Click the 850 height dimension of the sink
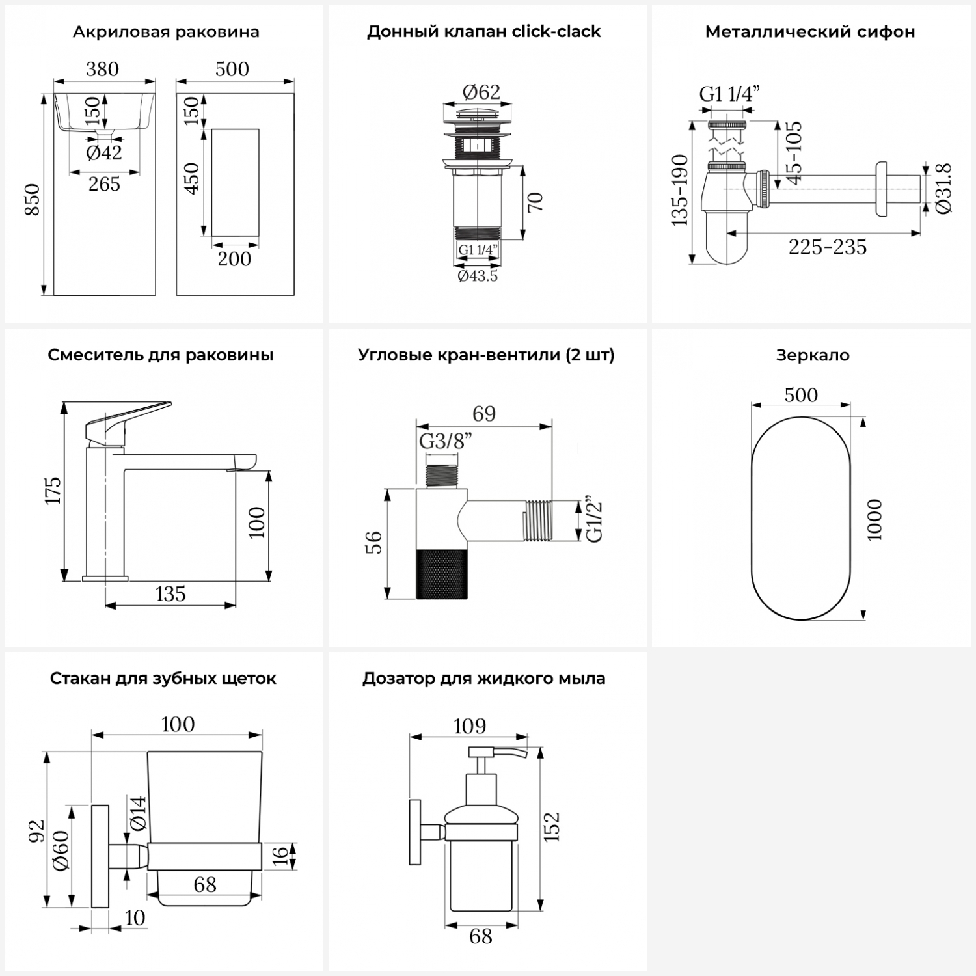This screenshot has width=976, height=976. click(31, 200)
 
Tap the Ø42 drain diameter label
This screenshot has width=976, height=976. click(104, 152)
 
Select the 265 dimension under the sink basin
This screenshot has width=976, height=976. click(104, 184)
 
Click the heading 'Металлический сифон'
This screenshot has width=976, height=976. click(809, 32)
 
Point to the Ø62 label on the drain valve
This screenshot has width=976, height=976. click(481, 92)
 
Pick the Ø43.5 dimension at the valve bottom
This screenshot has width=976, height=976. click(478, 277)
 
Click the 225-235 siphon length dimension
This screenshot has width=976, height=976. click(827, 247)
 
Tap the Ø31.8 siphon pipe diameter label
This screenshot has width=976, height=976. click(944, 189)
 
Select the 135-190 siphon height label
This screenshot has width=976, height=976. click(679, 190)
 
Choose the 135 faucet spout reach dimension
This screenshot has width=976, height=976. click(170, 594)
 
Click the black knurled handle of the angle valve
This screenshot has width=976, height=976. click(442, 573)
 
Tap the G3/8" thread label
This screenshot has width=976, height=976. click(446, 441)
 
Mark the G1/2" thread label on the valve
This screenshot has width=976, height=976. click(594, 521)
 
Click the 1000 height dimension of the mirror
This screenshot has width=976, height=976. click(875, 519)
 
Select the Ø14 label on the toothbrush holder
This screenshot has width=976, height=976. click(138, 813)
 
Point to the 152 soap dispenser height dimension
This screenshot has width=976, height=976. click(552, 826)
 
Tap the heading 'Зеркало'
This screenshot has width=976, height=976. click(812, 355)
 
